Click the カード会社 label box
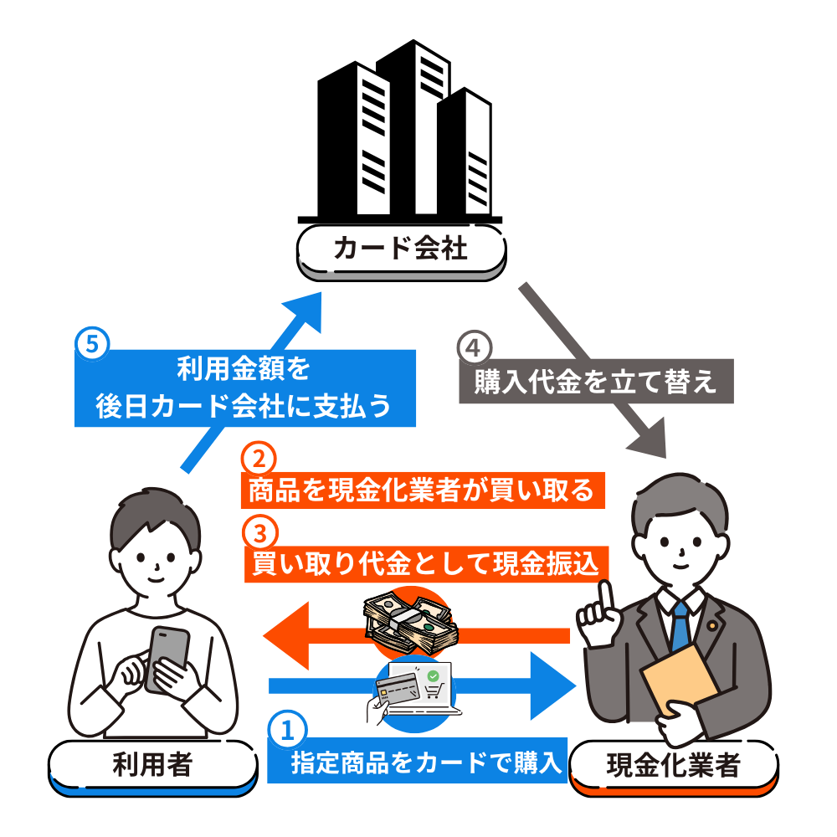(402, 249)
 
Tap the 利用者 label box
(151, 763)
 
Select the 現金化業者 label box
(673, 763)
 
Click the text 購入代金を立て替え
(595, 383)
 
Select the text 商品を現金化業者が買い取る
(422, 490)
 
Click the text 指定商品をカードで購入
(424, 763)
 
